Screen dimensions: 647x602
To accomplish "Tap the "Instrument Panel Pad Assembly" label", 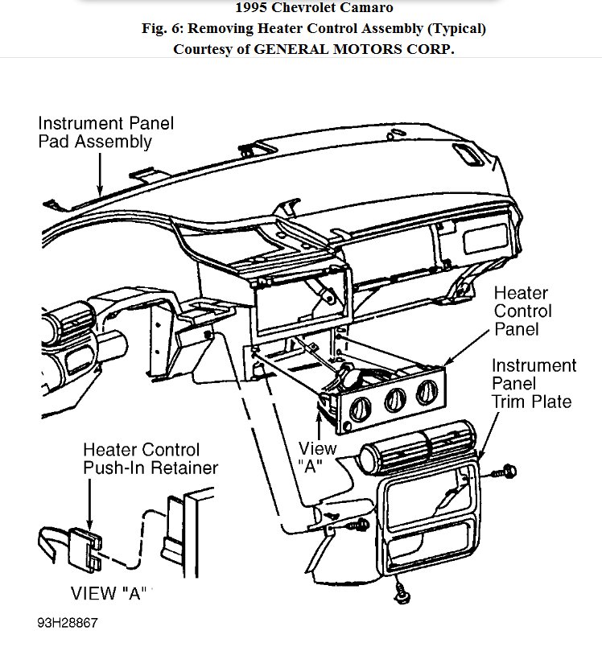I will [x=105, y=133].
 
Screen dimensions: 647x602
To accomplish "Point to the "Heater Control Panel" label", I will [x=522, y=311].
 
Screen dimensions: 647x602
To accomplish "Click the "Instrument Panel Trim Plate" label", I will [x=534, y=384].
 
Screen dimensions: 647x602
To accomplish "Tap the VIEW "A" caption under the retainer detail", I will [x=111, y=595].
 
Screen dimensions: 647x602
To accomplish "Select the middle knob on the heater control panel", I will [x=394, y=399].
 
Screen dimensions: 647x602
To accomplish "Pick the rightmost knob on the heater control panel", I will [x=425, y=394].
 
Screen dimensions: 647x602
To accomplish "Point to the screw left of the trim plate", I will [x=359, y=526].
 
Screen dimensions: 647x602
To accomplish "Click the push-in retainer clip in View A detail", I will [x=84, y=541].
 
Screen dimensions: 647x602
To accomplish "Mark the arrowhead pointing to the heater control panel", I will [x=443, y=366].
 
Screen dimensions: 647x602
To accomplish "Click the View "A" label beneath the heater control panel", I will [x=316, y=457].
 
